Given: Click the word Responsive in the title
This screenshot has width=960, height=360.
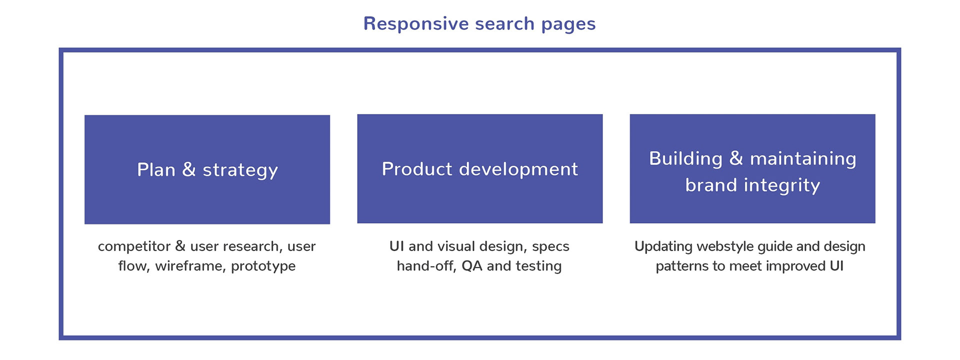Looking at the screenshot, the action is tap(416, 23).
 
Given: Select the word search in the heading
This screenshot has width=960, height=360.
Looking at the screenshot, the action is tap(505, 23).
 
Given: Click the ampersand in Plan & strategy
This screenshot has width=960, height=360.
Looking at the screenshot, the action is tap(189, 169).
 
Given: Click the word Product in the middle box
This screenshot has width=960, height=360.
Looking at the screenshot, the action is tap(417, 169).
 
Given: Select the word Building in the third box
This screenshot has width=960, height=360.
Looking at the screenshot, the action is tap(686, 159).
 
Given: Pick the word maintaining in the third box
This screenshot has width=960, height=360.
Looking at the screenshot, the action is tap(803, 159).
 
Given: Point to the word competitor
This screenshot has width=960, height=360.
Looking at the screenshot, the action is tap(134, 246).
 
